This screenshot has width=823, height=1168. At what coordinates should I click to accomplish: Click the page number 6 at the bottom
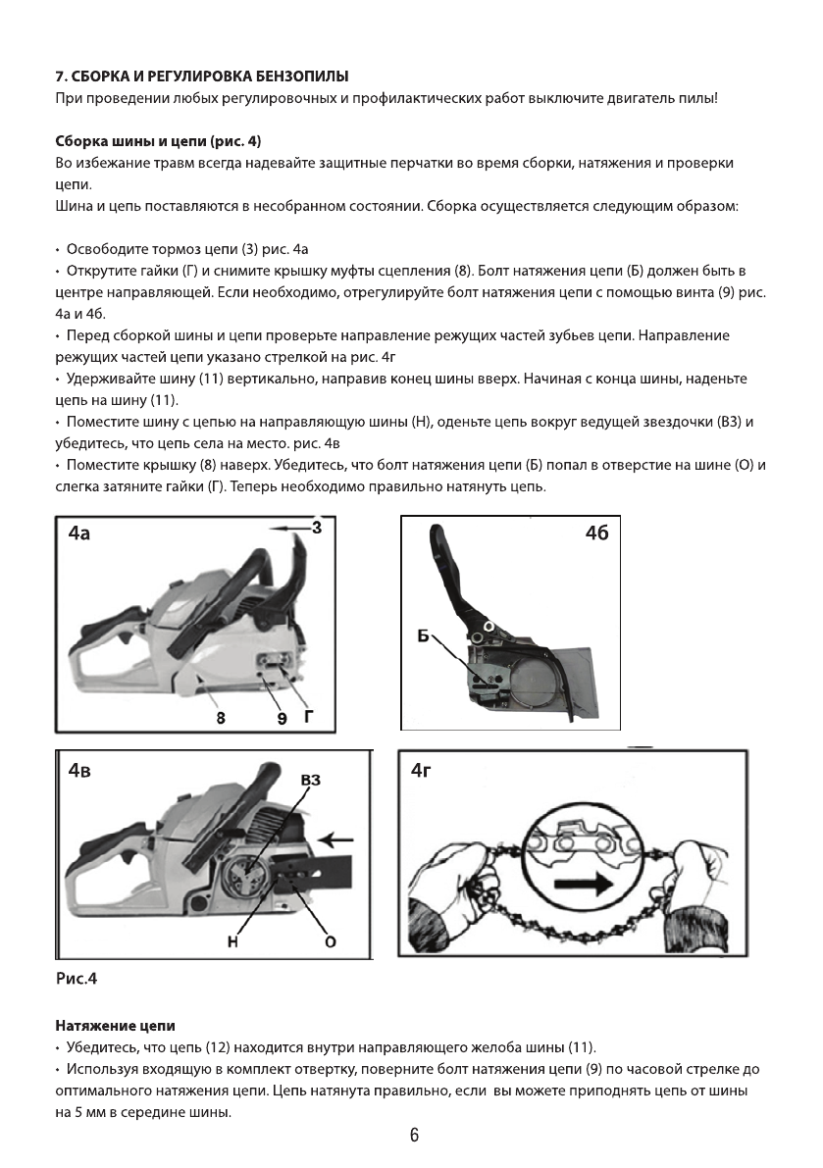point(414,1136)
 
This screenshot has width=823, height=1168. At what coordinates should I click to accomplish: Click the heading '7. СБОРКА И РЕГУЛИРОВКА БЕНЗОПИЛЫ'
point(202,76)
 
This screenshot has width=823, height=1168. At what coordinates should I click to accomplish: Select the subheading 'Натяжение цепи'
point(115,1026)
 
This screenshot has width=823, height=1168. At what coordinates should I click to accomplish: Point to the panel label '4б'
point(596,537)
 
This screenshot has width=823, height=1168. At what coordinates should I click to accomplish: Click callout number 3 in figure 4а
point(317,528)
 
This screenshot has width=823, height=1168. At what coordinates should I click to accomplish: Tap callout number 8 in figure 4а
point(221,717)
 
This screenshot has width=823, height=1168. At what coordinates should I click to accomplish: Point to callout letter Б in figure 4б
point(424,636)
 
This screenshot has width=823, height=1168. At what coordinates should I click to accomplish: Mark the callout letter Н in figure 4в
point(232,942)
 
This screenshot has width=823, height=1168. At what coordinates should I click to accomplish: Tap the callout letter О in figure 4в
point(331,942)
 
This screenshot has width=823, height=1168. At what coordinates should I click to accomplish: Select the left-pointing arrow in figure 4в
point(337,839)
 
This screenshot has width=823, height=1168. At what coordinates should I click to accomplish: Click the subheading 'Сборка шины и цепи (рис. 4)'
point(158,141)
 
